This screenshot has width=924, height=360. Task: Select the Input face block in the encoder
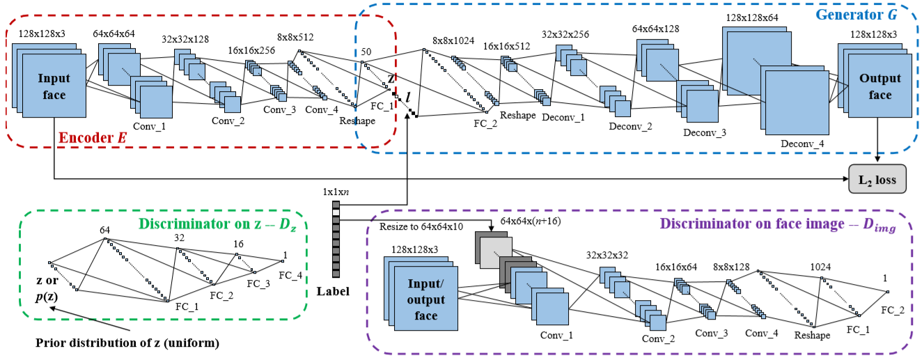(x=54, y=86)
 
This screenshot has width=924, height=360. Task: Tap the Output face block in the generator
(x=879, y=86)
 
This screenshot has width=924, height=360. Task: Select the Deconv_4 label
(x=802, y=144)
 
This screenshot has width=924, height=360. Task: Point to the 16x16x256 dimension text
(x=252, y=51)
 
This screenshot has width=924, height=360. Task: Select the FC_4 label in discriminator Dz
(x=290, y=275)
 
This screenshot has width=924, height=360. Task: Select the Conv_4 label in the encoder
(x=321, y=109)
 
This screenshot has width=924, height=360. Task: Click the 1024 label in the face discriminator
(x=820, y=267)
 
